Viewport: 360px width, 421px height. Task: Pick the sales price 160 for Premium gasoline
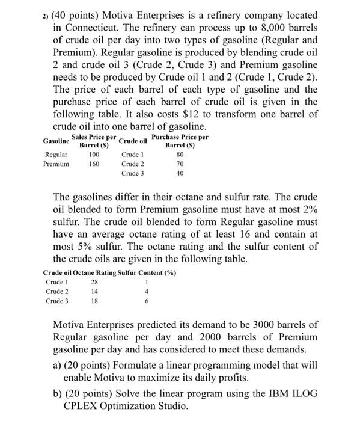[93, 164]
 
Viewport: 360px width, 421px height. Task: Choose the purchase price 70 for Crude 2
[179, 164]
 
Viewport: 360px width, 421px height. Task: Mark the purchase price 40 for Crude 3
[179, 173]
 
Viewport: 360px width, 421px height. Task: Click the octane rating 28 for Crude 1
[93, 283]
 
